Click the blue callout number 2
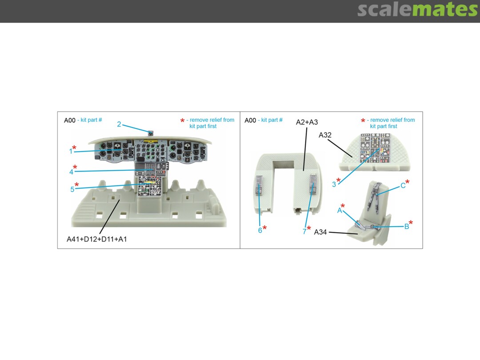coord(119,124)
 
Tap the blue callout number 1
coord(71,151)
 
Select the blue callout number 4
coord(71,172)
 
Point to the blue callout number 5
coord(72,189)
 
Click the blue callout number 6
coord(260,231)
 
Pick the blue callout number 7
coord(304,232)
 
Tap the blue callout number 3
coord(334,184)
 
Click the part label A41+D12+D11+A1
coord(97,239)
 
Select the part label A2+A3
coord(307,122)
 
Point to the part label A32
coord(325,135)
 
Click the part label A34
coord(320,232)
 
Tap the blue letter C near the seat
coord(403,186)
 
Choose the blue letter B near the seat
coord(407,227)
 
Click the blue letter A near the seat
coord(340,211)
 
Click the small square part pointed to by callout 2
coord(151,133)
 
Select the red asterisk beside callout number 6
coord(264,228)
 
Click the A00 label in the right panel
coord(250,120)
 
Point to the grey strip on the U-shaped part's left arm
coord(259,185)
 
